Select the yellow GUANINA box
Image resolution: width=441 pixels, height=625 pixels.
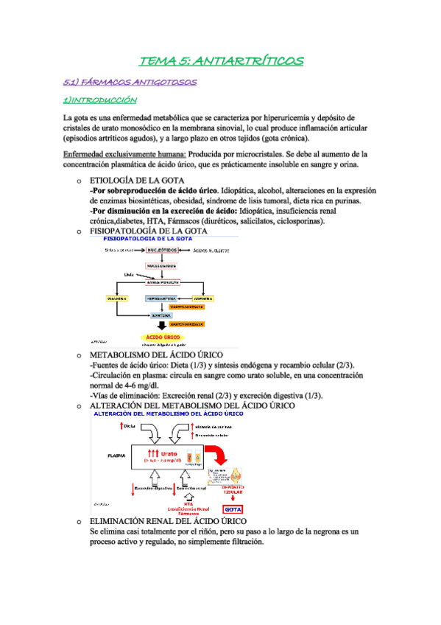(118, 298)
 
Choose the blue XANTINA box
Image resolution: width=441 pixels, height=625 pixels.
(156, 315)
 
